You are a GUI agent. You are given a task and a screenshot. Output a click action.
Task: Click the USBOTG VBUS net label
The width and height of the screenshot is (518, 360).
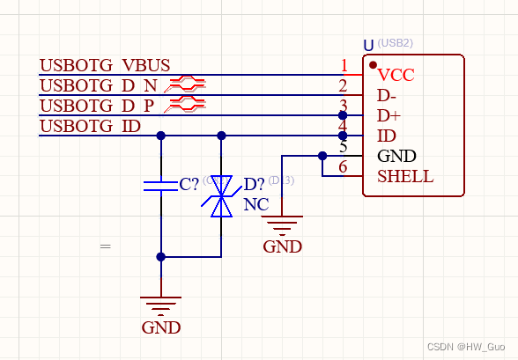pos(105,66)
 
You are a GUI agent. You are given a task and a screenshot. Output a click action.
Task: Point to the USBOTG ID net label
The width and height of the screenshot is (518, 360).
pos(90,126)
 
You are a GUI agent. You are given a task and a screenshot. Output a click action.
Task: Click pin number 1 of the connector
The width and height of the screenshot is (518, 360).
pos(344,65)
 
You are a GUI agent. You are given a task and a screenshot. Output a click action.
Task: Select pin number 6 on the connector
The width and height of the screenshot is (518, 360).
pos(344,167)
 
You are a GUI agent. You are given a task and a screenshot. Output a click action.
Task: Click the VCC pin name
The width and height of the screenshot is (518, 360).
pos(396,77)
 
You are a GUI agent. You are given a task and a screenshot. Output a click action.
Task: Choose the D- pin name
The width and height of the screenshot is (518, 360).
pos(388,96)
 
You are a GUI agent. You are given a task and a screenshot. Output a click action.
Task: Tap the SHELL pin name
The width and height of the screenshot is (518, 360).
pos(405,176)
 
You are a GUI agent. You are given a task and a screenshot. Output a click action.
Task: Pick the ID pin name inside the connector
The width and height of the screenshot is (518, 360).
pos(386,136)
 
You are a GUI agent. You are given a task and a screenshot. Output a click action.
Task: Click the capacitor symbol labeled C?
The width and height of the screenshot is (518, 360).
pos(161,185)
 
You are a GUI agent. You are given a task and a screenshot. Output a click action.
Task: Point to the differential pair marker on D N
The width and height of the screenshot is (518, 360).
pos(187,84)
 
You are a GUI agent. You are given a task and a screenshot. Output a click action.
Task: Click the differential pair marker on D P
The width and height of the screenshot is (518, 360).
pos(187,105)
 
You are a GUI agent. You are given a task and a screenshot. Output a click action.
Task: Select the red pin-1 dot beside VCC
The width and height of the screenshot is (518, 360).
pos(374,65)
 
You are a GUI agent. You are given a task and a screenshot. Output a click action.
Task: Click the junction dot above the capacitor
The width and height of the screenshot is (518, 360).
pos(161,136)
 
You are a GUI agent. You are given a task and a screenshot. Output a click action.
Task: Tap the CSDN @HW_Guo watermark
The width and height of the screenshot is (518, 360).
pos(466,348)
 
